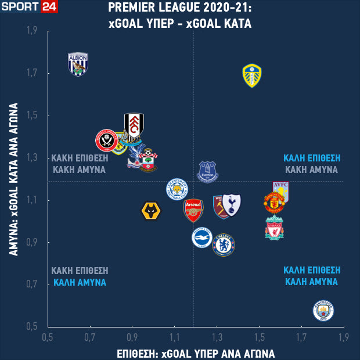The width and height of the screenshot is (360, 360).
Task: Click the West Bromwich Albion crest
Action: (78, 64)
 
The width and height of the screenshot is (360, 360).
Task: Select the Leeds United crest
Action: (251, 75)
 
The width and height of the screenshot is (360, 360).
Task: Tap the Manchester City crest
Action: (323, 311)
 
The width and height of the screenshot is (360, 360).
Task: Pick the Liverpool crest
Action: (274, 228)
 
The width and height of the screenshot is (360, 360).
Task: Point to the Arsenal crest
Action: (193, 210)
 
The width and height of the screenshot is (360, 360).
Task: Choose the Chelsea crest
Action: (224, 244)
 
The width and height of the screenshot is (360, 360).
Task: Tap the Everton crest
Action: (207, 171)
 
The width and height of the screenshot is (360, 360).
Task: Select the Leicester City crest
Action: (177, 189)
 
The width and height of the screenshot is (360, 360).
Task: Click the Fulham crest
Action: (134, 127)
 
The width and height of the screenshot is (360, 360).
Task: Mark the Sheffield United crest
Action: (107, 140)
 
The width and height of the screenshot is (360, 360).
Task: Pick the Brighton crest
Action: (203, 237)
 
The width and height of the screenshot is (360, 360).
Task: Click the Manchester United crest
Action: (274, 204)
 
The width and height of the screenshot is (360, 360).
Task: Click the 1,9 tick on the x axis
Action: (343, 337)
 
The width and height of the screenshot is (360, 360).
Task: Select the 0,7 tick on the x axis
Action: (90, 337)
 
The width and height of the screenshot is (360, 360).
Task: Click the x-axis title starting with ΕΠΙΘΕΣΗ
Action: (195, 353)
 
